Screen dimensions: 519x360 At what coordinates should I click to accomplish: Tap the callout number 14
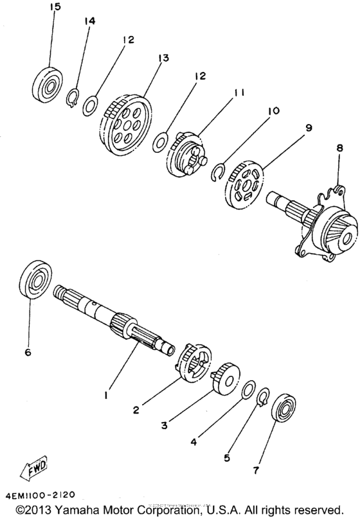89,21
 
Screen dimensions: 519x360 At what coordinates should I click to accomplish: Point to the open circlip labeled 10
219,170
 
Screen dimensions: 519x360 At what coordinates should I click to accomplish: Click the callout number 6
27,351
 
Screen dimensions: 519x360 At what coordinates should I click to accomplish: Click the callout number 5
226,458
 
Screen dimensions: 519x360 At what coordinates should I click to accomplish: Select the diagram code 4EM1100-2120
42,495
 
